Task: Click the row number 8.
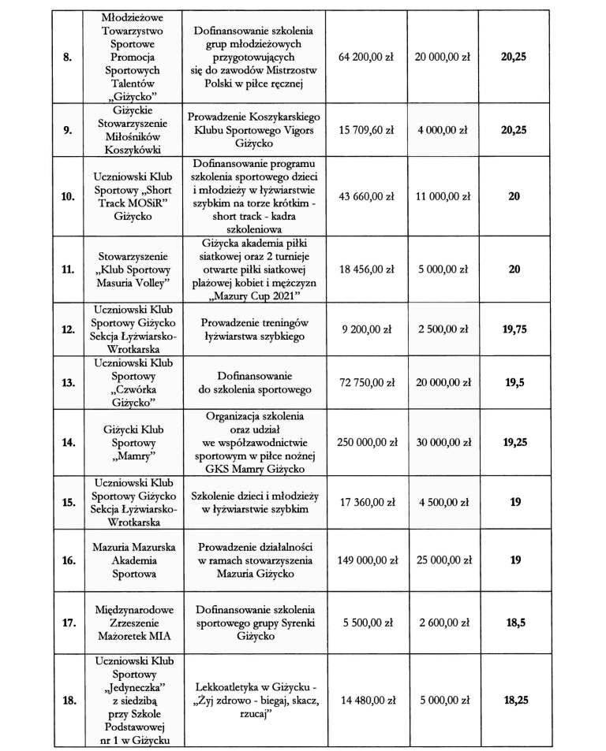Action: point(67,58)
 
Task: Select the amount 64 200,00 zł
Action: point(365,58)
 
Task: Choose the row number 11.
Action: point(67,269)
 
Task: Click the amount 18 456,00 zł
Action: point(365,269)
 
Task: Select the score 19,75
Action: point(514,329)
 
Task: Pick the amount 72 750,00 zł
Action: point(365,382)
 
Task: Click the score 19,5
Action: point(514,382)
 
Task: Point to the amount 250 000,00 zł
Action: point(365,442)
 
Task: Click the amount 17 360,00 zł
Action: point(365,501)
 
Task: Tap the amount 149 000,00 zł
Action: point(365,560)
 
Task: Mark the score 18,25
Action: point(514,699)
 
